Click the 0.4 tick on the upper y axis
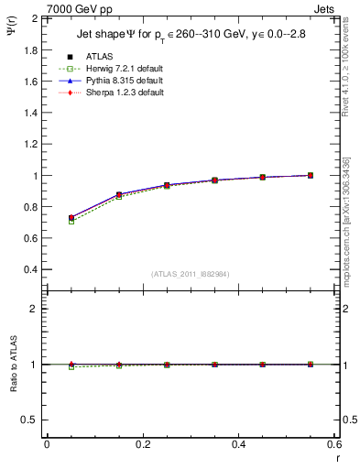[x=28, y=270]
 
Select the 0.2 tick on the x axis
[x=143, y=444]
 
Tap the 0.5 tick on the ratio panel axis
[x=28, y=420]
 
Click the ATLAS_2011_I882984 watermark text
[x=191, y=274]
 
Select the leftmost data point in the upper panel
[x=71, y=218]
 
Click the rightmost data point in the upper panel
[x=310, y=175]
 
